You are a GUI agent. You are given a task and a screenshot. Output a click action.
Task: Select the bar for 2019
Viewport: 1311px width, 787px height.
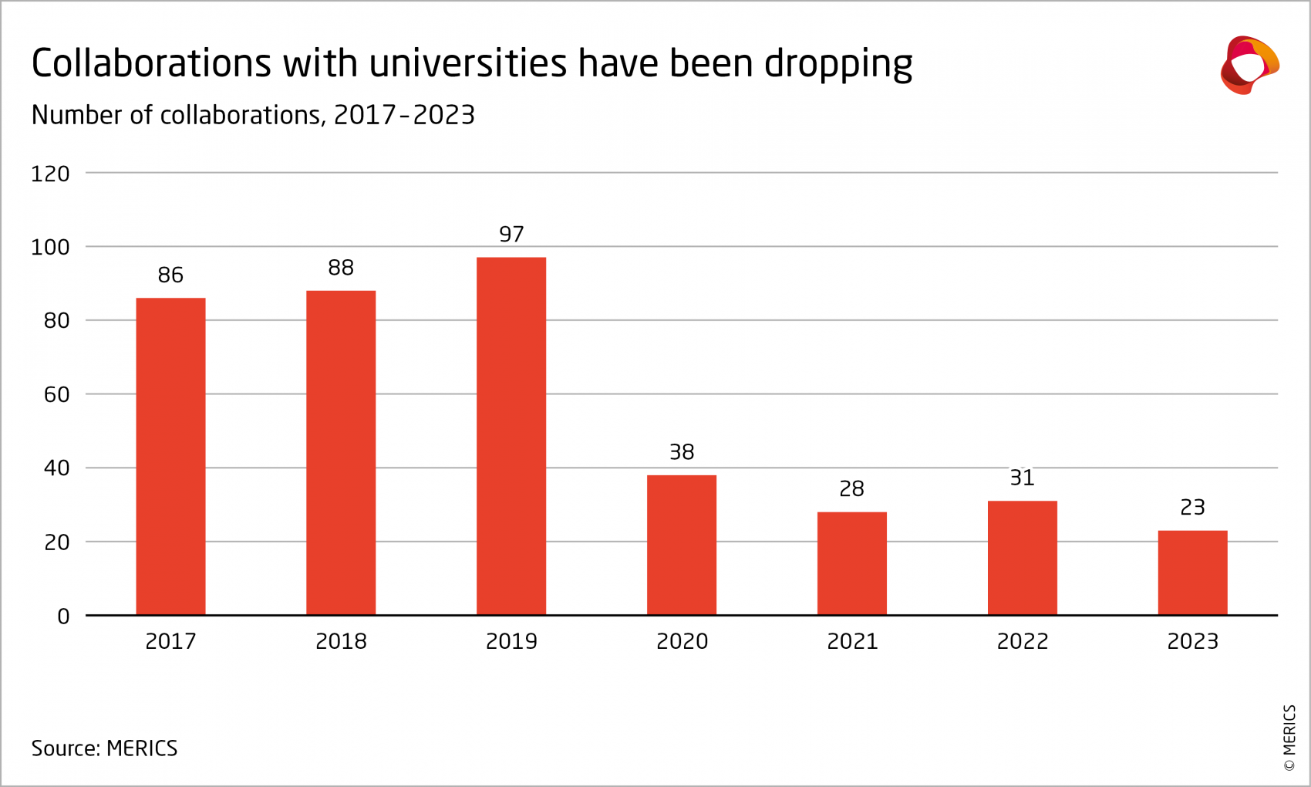click(511, 436)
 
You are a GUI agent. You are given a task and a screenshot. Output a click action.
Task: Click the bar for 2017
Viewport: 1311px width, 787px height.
click(170, 456)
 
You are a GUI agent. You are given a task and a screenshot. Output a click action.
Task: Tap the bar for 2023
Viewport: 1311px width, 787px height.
click(1192, 573)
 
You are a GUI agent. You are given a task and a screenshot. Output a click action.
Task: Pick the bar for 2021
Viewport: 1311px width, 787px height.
click(851, 563)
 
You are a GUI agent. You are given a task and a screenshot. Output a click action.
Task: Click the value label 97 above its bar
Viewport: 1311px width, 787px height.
click(511, 234)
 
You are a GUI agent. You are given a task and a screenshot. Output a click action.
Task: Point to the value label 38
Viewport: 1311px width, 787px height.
click(682, 452)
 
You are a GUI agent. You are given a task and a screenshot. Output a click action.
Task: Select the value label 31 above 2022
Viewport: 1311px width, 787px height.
click(1022, 478)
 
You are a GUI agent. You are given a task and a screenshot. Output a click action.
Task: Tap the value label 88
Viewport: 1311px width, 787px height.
click(341, 268)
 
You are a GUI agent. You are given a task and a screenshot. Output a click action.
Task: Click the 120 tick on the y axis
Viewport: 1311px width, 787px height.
click(50, 174)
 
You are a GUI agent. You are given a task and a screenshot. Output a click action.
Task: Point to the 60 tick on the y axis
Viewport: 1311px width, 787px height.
click(57, 395)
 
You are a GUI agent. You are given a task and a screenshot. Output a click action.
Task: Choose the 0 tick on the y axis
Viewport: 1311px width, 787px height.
click(63, 616)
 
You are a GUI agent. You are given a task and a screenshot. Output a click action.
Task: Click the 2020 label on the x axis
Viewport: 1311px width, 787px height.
click(682, 641)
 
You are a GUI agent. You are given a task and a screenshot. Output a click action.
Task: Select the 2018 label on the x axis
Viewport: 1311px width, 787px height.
click(341, 641)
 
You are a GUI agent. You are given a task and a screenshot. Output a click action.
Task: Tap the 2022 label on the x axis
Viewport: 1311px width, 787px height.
click(1022, 641)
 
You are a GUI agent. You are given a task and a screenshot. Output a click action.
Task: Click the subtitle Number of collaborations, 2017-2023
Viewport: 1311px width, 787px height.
click(253, 115)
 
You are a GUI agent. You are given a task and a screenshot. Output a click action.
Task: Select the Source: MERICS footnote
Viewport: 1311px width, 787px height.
click(104, 748)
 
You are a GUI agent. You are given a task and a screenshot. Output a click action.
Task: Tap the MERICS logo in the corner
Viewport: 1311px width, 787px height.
click(1249, 66)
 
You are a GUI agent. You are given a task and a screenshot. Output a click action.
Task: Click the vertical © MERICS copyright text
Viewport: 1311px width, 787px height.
click(1289, 738)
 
